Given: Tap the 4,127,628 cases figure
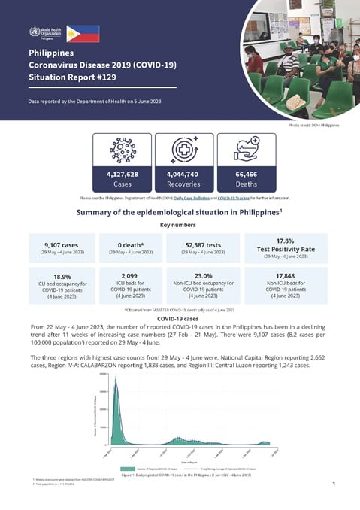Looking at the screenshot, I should pos(122,175).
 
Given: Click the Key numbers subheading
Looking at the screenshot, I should pos(180,224).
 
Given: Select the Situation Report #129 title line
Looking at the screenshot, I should pos(73,78).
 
